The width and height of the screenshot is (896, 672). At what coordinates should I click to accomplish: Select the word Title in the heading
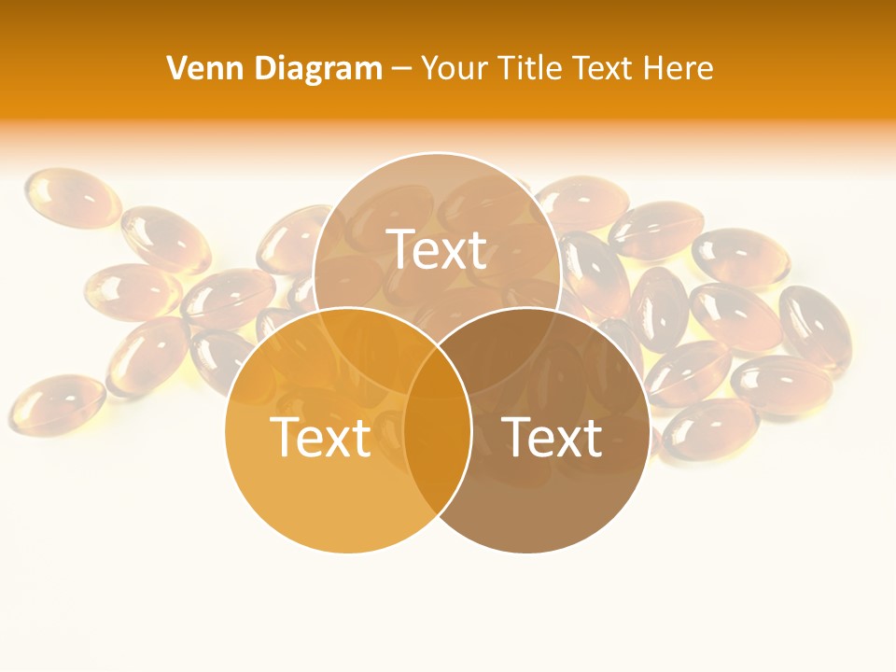[532, 68]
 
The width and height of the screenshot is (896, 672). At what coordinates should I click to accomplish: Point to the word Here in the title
[680, 68]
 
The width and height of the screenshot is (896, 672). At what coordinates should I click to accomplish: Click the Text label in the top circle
[437, 249]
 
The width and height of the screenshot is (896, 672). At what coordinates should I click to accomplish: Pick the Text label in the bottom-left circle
[320, 437]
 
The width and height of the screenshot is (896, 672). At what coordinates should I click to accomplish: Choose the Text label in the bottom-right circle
[552, 437]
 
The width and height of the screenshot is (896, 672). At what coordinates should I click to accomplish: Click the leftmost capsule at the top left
[72, 197]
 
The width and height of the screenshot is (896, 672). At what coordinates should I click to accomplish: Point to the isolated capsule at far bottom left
[57, 404]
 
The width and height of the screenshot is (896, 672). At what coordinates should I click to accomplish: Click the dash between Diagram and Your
[401, 69]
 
